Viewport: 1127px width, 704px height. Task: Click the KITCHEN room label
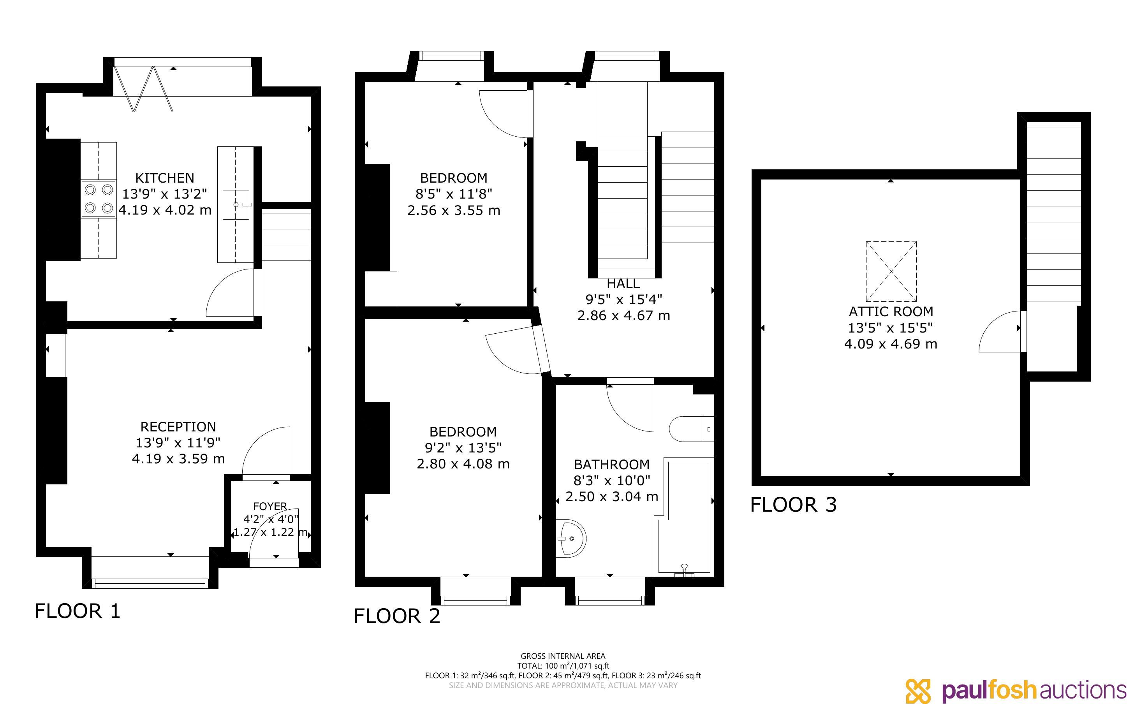(164, 178)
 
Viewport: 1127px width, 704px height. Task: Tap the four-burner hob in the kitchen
(99, 198)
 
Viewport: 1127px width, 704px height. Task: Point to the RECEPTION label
(178, 427)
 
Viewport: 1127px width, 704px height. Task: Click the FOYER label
(270, 506)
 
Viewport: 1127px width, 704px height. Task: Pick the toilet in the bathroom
(691, 429)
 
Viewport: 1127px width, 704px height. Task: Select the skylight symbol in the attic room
(891, 271)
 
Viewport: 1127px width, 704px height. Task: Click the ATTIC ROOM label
(891, 312)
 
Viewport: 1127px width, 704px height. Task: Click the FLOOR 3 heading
(793, 505)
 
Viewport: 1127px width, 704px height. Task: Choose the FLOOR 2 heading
(397, 616)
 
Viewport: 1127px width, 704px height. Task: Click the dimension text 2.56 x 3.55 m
(454, 210)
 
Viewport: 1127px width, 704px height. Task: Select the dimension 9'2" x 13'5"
(463, 448)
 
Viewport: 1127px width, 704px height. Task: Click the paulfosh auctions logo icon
(918, 690)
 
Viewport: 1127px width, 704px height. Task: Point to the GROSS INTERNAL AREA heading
(563, 656)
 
